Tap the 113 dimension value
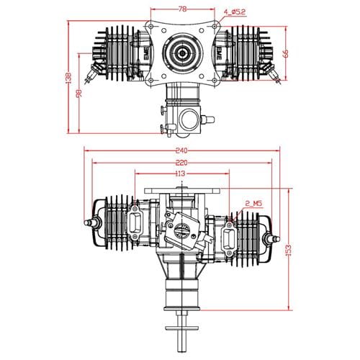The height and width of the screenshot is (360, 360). (179, 174)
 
